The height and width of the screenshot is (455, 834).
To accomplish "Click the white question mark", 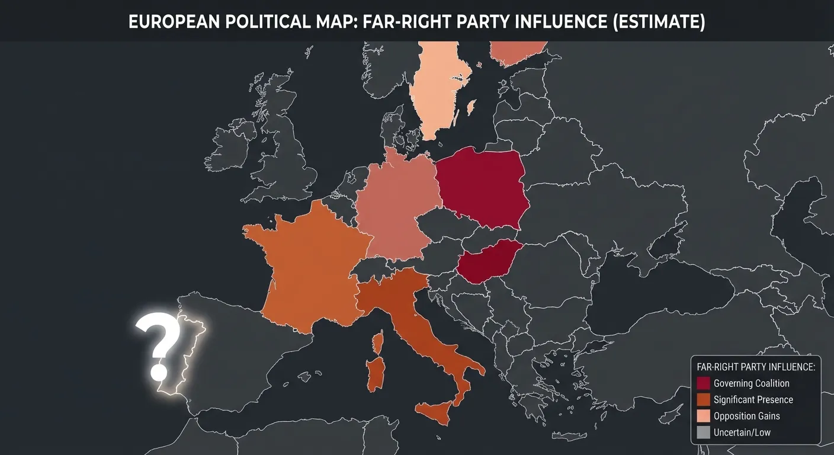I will [158, 344].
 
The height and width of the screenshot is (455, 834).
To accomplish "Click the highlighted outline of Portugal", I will [188, 355].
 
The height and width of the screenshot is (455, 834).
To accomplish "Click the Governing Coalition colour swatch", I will [704, 383].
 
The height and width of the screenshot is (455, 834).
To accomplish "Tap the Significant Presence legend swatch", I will [704, 399].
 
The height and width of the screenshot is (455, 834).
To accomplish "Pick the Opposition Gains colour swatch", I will [704, 416].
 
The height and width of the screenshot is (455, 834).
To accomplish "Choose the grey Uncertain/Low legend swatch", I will [704, 432].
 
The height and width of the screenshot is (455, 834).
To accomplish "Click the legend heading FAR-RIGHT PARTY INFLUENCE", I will [756, 367].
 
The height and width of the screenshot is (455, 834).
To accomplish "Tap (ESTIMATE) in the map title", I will [657, 23].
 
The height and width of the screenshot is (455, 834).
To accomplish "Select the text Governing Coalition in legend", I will [751, 383].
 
